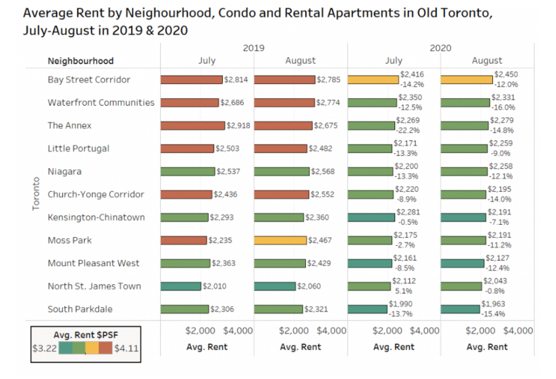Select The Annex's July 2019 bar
tap(192, 125)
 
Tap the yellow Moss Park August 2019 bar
tap(280, 241)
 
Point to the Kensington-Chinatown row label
tap(96, 217)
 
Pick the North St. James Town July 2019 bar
tap(180, 286)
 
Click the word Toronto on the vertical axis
tap(36, 194)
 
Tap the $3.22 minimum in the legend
tap(44, 348)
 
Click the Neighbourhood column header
tap(81, 61)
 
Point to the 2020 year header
tap(440, 48)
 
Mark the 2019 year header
tap(254, 48)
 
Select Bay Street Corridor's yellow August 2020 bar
tap(466, 79)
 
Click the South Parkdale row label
tap(80, 309)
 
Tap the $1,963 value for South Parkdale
tap(493, 304)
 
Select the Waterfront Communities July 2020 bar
tap(372, 103)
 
